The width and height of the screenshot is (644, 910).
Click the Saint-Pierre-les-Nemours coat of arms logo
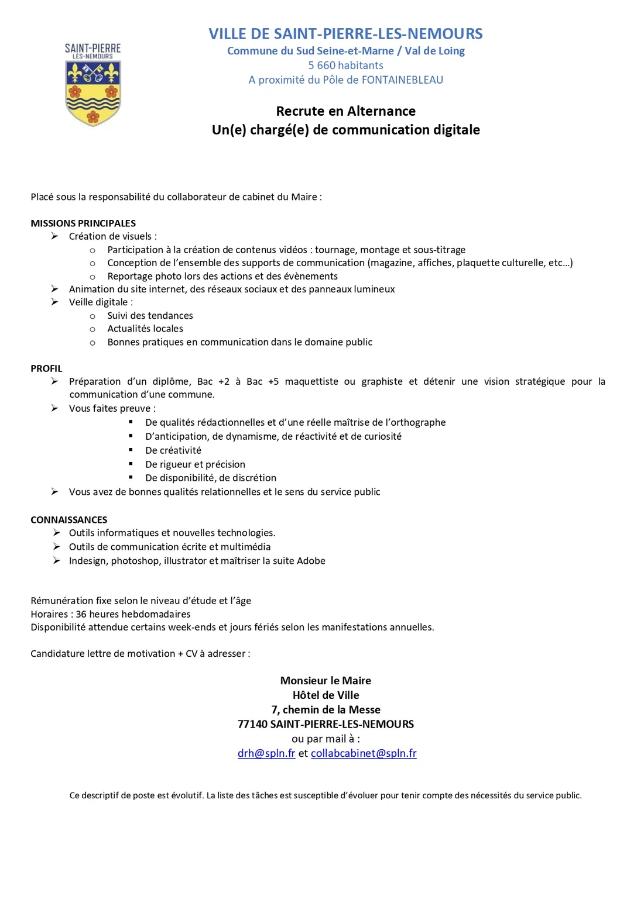[93, 85]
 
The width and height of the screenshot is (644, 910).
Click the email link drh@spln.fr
[266, 753]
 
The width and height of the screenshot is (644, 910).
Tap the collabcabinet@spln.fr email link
[364, 753]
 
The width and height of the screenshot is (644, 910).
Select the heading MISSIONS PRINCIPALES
[83, 223]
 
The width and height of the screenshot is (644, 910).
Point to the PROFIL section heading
[46, 368]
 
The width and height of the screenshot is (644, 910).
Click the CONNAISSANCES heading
[69, 520]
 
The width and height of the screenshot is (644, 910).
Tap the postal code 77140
[252, 724]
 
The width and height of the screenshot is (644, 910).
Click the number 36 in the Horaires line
[81, 614]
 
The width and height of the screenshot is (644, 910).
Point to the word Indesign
[88, 561]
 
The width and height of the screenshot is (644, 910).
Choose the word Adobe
[311, 561]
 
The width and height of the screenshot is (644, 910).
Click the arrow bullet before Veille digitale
[54, 302]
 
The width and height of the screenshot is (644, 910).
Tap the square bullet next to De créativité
[131, 450]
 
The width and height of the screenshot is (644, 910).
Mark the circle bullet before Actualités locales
[93, 329]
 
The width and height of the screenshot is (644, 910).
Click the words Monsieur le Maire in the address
[326, 681]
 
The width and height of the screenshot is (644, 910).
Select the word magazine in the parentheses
[390, 263]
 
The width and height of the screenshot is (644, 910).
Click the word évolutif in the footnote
[187, 795]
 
